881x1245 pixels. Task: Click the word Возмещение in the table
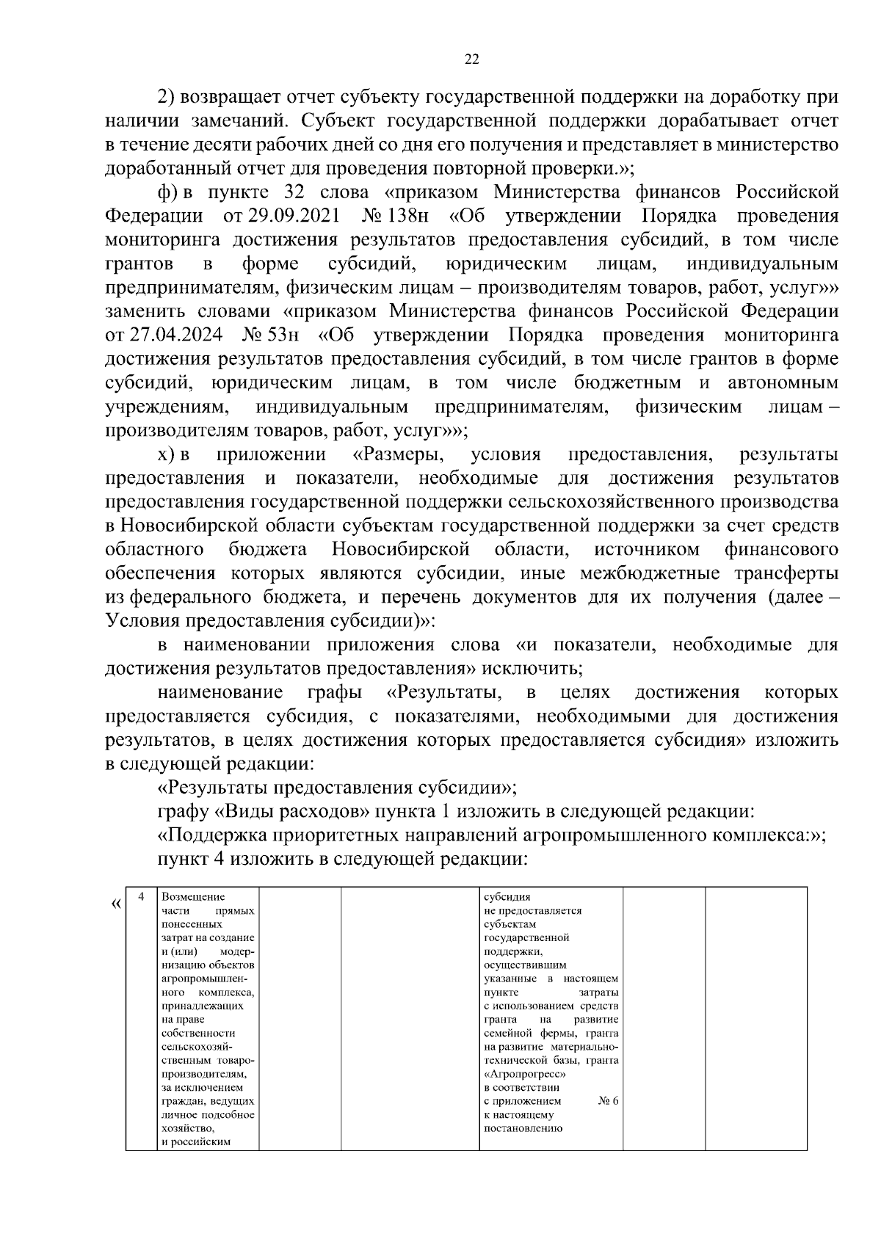coord(193,896)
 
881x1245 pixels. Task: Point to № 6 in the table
coord(609,1100)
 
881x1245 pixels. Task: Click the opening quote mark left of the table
coord(115,902)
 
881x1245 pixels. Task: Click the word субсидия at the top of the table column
coord(507,896)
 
